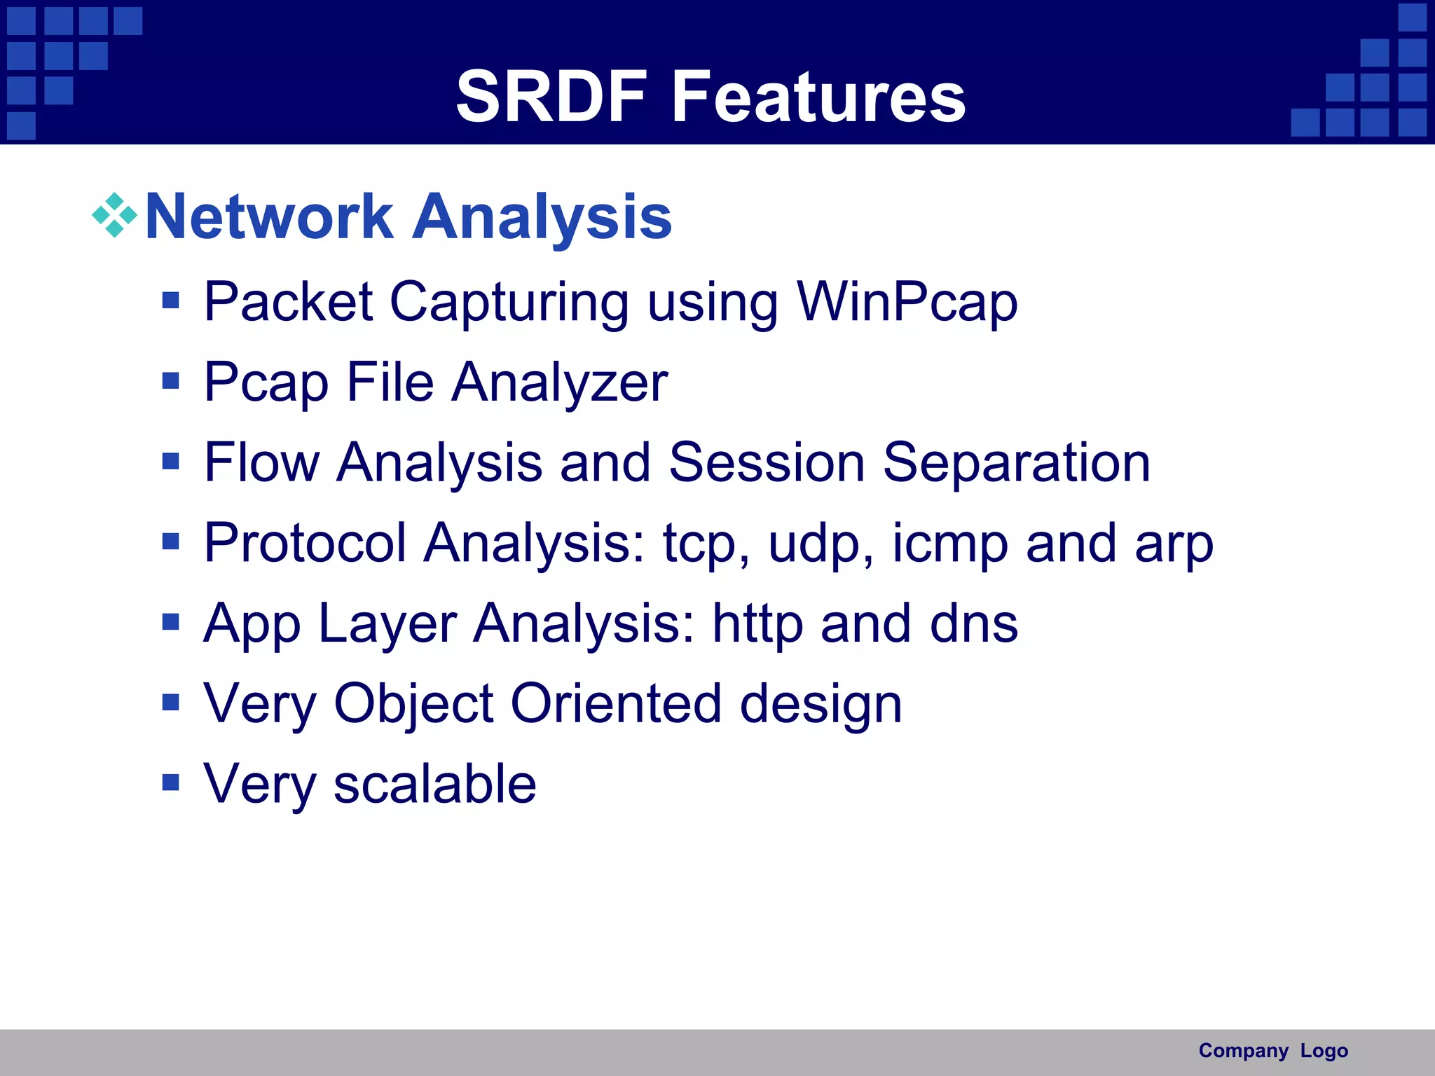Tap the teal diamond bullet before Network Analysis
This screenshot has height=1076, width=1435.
[x=114, y=216]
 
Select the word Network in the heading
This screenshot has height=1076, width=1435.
[x=269, y=217]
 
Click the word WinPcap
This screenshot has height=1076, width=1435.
[x=907, y=303]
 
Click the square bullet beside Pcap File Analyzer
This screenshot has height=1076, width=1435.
[x=170, y=381]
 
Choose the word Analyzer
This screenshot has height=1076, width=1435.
[x=560, y=384]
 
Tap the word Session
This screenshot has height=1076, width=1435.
[x=767, y=462]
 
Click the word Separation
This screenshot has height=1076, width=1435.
[x=1016, y=464]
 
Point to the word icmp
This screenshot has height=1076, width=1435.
[x=949, y=544]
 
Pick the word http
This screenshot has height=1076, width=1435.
[x=757, y=623]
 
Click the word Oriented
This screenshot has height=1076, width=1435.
[x=616, y=703]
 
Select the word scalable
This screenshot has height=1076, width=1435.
[x=434, y=784]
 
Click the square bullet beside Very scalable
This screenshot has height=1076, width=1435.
[x=170, y=782]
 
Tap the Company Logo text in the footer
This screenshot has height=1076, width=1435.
[x=1272, y=1051]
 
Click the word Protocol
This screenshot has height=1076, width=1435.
[x=305, y=543]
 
